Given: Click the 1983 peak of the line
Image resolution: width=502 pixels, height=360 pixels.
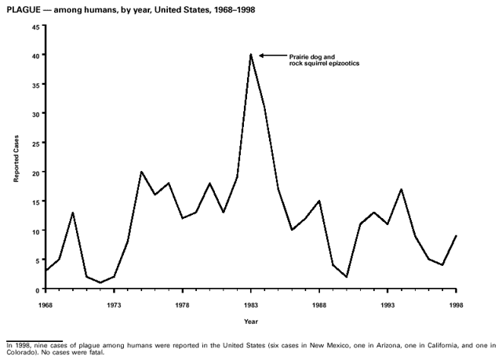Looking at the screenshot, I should [251, 55].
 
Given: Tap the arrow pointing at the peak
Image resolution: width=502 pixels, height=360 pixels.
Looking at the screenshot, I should [267, 55].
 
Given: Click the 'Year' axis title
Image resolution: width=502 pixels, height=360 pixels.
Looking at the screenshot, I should [250, 322].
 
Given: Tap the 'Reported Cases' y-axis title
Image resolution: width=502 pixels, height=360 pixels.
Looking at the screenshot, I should [15, 158].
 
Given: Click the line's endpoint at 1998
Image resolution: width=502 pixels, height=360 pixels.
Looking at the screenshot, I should [456, 236].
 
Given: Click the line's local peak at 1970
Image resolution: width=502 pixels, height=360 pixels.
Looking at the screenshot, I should [73, 213].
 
